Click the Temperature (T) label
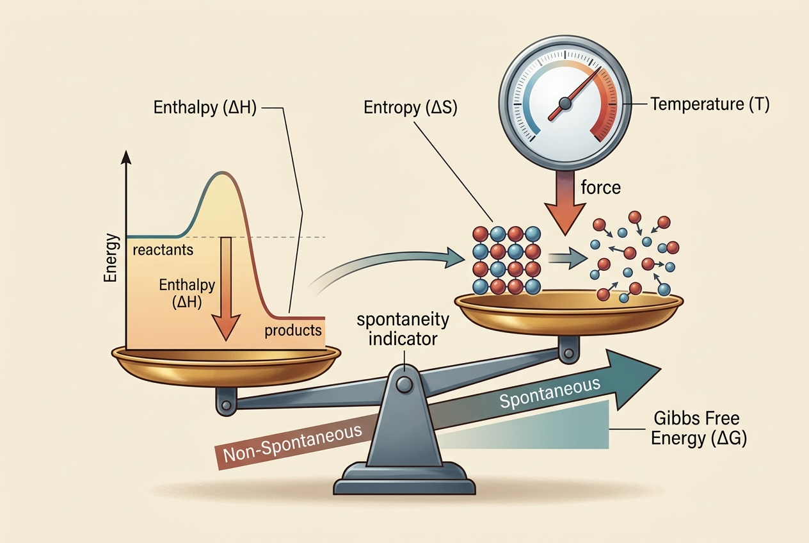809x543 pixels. (710, 104)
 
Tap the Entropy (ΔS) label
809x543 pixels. (410, 108)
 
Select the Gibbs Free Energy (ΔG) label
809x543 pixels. (698, 429)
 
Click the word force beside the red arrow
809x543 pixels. (600, 188)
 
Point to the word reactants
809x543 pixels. (163, 250)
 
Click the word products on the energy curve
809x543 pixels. (293, 330)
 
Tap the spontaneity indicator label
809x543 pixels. (403, 329)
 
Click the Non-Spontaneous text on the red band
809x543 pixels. (292, 443)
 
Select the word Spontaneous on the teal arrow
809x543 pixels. (550, 393)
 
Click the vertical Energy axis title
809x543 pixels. (111, 258)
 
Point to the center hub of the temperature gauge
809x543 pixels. (565, 104)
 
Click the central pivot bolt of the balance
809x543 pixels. (404, 384)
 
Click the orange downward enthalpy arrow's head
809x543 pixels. (226, 327)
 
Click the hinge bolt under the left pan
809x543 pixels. (227, 405)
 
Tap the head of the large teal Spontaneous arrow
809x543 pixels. (634, 379)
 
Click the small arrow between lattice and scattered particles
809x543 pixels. (567, 258)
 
